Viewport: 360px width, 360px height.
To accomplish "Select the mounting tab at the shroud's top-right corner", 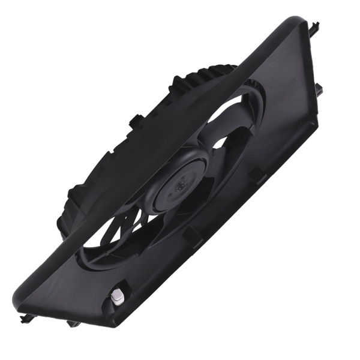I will pos(315,27).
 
